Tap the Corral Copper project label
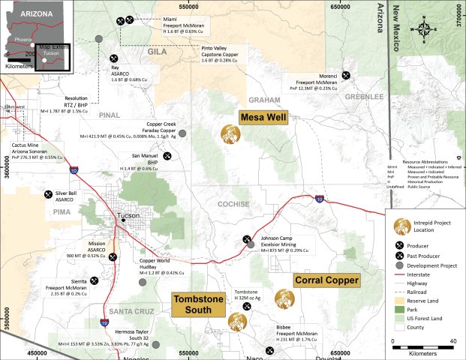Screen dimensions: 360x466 click(x=326, y=280)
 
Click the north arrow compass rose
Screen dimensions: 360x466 click(x=424, y=30)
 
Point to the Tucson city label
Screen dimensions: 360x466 click(x=128, y=217)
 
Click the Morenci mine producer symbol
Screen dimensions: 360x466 click(x=346, y=75)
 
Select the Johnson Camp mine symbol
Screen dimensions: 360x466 click(x=249, y=241)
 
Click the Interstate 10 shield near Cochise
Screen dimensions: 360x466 click(x=319, y=199)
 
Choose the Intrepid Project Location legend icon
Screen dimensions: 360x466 click(x=402, y=226)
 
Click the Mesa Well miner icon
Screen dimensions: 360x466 click(x=230, y=134)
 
